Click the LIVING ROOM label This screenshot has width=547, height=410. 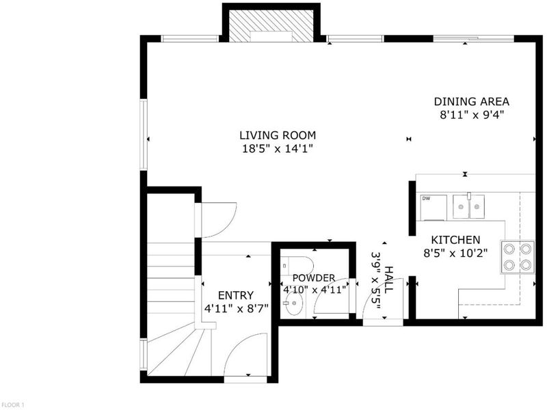(x=278, y=135)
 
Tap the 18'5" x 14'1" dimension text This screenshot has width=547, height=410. (x=278, y=149)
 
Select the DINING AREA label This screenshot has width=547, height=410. (x=472, y=101)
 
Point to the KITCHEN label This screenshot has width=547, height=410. (x=455, y=240)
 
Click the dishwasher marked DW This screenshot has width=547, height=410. (x=433, y=208)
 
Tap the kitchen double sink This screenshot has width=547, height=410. (x=469, y=206)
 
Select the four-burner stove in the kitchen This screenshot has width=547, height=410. (x=518, y=257)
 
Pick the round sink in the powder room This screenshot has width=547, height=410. (x=294, y=303)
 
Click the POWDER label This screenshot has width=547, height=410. (x=314, y=278)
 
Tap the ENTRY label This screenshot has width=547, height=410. (x=236, y=295)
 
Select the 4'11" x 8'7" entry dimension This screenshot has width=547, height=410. (x=236, y=309)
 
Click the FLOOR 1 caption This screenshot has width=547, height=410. (x=12, y=405)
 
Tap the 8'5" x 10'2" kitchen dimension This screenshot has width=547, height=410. (x=455, y=253)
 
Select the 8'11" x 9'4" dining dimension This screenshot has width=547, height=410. (x=472, y=115)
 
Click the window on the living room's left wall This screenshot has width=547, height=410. (x=144, y=135)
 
